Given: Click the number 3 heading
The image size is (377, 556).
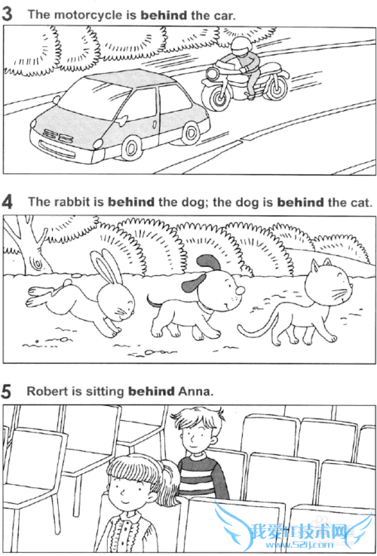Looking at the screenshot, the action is tap(7, 14).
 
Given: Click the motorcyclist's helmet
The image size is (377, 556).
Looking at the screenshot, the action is tap(241, 46).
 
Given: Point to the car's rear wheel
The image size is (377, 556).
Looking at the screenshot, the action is tap(191, 133).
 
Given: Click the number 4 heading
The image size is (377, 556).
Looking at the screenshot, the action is tap(7, 203).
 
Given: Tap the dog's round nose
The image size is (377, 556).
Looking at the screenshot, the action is tap(241, 290).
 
